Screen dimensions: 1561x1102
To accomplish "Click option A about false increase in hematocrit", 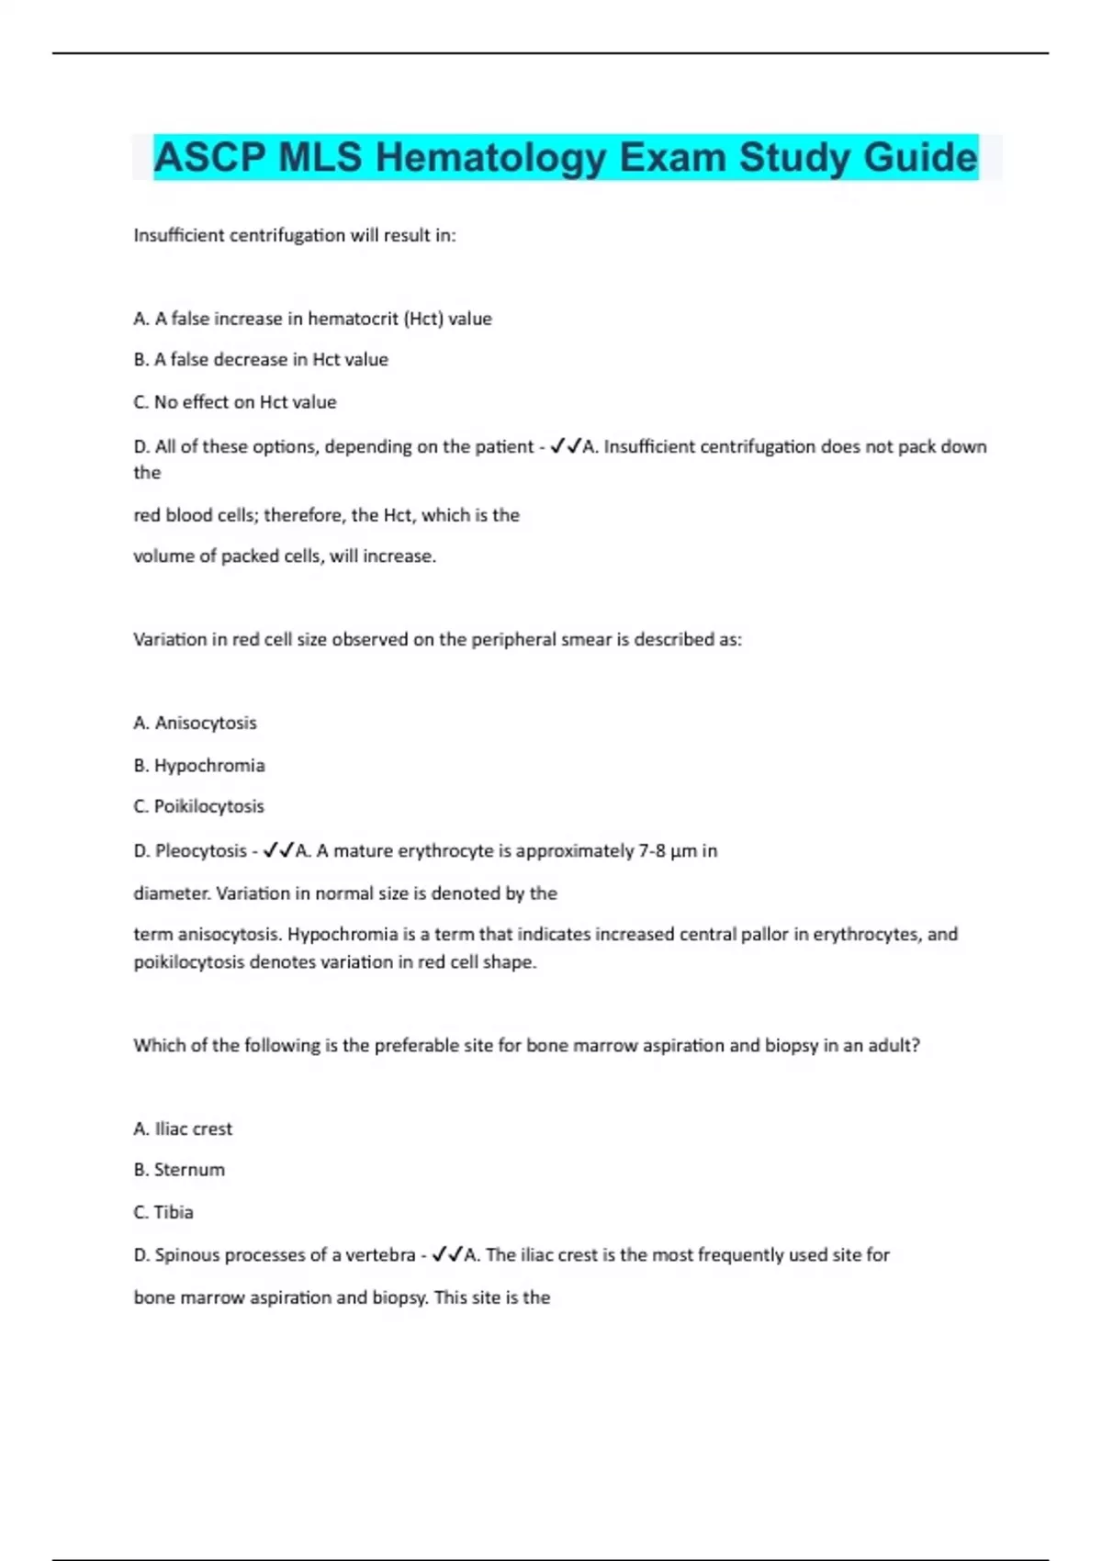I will click(312, 319).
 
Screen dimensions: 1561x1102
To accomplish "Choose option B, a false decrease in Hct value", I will click(261, 360).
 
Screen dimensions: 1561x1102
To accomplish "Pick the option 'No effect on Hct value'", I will click(235, 402).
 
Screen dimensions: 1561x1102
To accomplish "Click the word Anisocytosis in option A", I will click(206, 723).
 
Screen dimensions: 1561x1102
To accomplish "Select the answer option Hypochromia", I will click(209, 765).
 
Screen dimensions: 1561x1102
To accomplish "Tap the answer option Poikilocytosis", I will click(208, 806).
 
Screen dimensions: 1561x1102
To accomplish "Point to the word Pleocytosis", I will click(201, 851).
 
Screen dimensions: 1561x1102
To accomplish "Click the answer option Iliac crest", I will click(193, 1129).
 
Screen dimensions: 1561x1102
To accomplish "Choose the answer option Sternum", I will click(189, 1170).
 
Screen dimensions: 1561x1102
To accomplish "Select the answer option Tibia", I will click(174, 1212).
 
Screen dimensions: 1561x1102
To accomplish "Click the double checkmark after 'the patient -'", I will click(565, 447).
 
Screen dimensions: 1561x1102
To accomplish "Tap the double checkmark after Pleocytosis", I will click(278, 851).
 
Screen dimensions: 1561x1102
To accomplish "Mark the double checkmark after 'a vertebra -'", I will click(447, 1254).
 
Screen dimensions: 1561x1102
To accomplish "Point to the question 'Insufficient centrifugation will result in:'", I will click(295, 235).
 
